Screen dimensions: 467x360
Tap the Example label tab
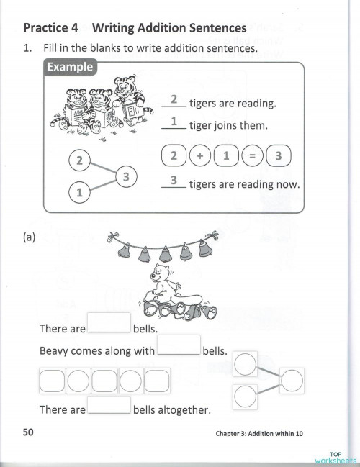click(70, 68)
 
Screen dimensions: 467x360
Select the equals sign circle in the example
click(251, 155)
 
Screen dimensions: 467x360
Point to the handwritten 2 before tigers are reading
click(174, 100)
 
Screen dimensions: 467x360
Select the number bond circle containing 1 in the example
click(80, 193)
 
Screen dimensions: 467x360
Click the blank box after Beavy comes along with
click(179, 345)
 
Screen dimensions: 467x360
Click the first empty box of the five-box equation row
click(52, 380)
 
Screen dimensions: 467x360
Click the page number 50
click(28, 432)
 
